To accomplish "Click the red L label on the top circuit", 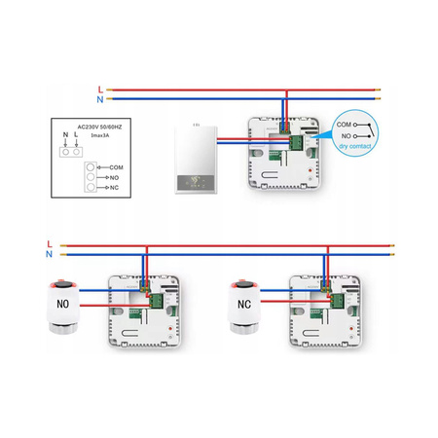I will [100, 90].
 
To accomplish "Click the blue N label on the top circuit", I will [100, 98].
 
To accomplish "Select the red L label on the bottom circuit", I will [49, 242].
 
